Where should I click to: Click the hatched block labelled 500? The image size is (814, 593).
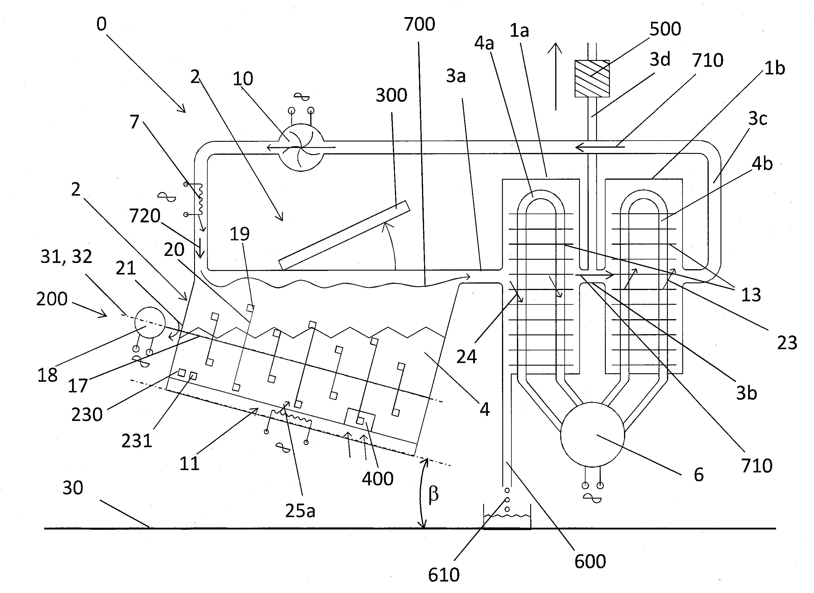click(x=592, y=79)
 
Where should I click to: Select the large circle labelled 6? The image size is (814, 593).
click(x=593, y=435)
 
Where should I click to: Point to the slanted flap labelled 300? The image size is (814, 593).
click(x=344, y=235)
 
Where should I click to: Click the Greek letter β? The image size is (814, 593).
click(x=433, y=494)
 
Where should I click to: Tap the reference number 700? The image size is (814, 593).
click(x=419, y=24)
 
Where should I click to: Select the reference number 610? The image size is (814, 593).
click(x=443, y=575)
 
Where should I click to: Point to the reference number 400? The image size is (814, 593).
click(x=378, y=479)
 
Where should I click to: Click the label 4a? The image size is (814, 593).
click(x=484, y=44)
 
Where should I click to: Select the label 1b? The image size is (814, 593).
click(x=775, y=68)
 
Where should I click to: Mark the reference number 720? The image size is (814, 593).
click(x=145, y=216)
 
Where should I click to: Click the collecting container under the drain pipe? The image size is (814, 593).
click(x=507, y=517)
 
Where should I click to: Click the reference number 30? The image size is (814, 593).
click(x=73, y=488)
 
